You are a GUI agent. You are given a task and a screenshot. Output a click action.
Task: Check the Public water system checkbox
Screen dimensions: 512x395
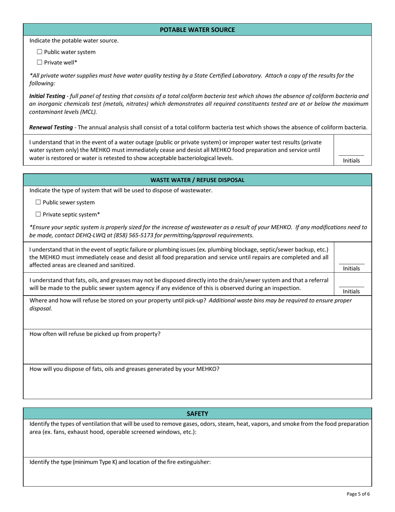pos(39,52)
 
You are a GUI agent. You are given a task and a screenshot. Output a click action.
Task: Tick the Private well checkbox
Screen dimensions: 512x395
pos(39,62)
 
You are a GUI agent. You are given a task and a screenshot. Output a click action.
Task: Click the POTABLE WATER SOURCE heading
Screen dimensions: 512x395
pos(197,30)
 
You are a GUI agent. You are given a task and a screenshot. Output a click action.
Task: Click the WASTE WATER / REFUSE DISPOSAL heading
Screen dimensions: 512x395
pos(197,180)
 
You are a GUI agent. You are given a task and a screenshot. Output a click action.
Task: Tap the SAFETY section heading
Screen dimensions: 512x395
pos(197,413)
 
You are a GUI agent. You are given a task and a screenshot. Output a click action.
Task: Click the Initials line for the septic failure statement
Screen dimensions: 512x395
pos(351,264)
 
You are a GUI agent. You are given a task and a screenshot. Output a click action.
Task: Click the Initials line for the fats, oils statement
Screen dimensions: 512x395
pos(351,287)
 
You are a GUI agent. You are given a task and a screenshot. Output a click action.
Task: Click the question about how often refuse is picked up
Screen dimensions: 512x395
pos(95,334)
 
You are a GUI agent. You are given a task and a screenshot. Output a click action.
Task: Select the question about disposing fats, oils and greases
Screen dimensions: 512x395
pos(124,369)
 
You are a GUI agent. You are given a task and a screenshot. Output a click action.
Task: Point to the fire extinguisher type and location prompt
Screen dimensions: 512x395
pos(121,462)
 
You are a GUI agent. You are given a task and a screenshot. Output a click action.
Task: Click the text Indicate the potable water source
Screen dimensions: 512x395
pos(74,40)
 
